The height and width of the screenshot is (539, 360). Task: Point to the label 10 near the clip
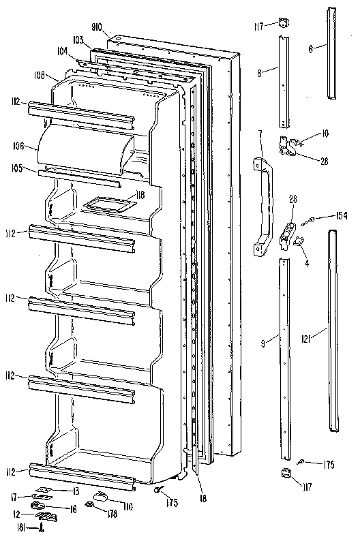(325, 134)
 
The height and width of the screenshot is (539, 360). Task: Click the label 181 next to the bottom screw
(22, 527)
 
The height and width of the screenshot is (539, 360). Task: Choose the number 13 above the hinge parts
(76, 490)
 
